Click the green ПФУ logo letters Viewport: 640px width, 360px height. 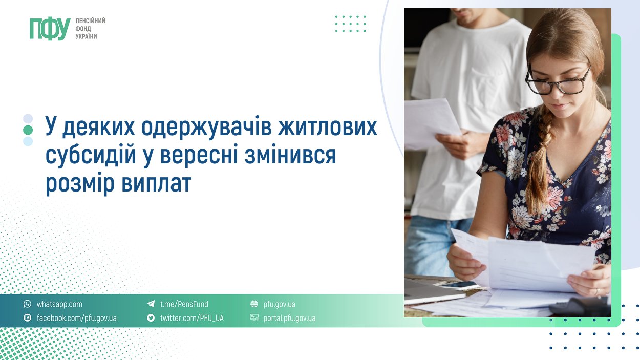[50, 29]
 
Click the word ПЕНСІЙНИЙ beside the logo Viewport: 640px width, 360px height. [90, 21]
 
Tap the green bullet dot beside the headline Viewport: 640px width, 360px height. [28, 130]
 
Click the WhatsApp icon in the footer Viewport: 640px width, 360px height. [28, 304]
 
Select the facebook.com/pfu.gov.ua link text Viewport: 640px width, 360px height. [77, 318]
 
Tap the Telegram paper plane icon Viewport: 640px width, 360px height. [151, 304]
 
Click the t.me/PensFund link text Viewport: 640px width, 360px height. [184, 304]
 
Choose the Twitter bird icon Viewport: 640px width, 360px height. [151, 317]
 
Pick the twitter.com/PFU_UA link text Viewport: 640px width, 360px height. [192, 318]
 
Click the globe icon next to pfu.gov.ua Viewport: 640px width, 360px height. [254, 304]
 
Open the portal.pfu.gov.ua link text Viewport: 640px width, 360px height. [289, 318]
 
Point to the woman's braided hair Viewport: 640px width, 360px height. [539, 160]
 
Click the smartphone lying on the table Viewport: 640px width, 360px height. [457, 285]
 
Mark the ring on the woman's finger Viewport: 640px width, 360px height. [597, 291]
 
